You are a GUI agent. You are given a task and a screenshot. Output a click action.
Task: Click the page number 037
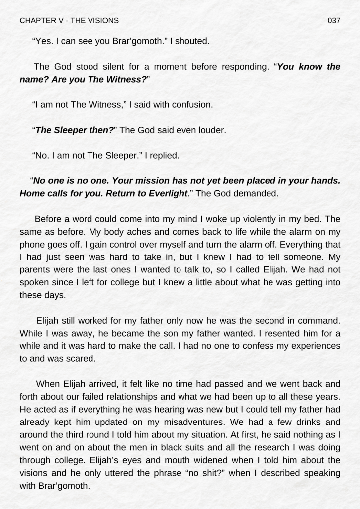334,20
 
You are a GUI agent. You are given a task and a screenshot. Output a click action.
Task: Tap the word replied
163,156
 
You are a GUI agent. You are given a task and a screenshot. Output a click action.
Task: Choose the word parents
38,269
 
